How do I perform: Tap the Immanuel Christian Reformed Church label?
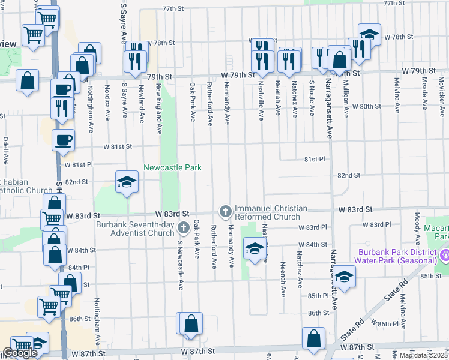(x=271, y=212)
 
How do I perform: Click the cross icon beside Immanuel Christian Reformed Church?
(x=226, y=211)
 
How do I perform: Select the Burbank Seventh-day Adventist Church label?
(x=135, y=229)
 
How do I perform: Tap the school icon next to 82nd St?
(x=127, y=182)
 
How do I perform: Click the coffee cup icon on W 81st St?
(x=64, y=140)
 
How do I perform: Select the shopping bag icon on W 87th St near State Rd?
(x=314, y=338)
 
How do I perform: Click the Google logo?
(x=19, y=353)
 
